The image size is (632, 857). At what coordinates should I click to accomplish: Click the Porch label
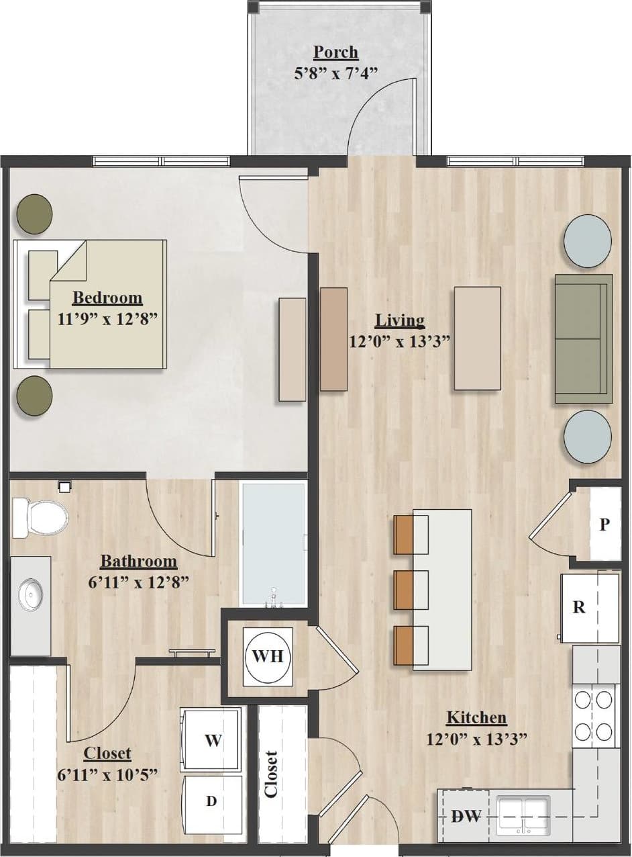tap(335, 52)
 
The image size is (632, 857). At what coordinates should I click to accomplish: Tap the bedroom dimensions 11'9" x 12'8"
tap(107, 318)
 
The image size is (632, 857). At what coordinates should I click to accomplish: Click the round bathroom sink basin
tap(31, 593)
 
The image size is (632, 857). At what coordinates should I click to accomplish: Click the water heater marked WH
tap(268, 656)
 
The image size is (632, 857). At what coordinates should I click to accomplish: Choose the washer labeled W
tap(212, 740)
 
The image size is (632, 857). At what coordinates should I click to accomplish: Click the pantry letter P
tap(604, 525)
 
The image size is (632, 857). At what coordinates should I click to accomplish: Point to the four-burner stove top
tap(596, 715)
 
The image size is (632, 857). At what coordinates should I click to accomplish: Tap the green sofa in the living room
tap(583, 339)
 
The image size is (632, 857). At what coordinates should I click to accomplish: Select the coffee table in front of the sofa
tap(477, 338)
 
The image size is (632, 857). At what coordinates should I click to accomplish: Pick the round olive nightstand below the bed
tap(34, 396)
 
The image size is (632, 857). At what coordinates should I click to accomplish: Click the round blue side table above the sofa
tap(588, 237)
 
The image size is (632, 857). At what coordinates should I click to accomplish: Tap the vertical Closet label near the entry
tap(272, 774)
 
